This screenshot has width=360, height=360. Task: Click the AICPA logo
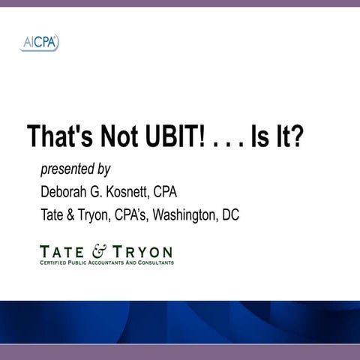40,43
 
